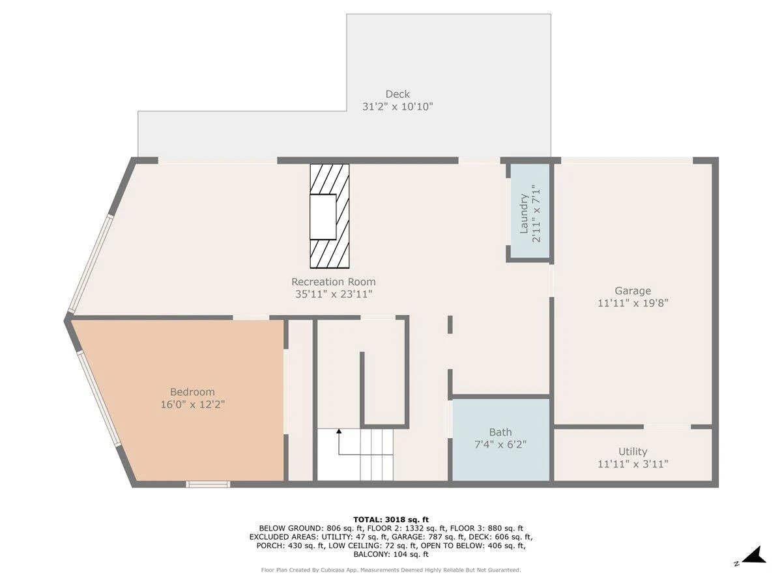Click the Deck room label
(398, 94)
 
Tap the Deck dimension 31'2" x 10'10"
(398, 106)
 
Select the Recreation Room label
(333, 282)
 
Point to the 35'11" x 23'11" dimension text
(334, 294)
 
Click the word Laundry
(523, 214)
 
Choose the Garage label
(632, 291)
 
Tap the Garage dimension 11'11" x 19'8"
(632, 303)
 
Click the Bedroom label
(192, 392)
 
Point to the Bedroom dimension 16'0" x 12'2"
(192, 404)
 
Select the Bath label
(500, 432)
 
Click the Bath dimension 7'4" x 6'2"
(500, 445)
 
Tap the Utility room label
(632, 451)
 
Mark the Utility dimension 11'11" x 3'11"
(632, 464)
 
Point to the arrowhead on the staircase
(339, 431)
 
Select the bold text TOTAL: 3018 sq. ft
(391, 520)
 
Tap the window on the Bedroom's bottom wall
(208, 484)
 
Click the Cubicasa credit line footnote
(391, 570)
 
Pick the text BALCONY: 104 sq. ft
(391, 554)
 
